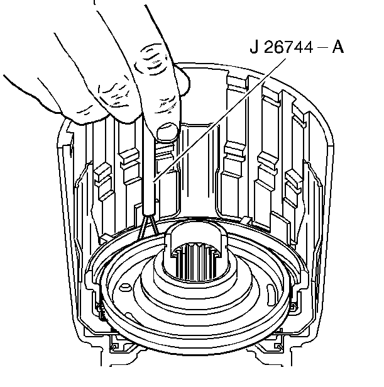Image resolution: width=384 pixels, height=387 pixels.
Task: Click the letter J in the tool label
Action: [254, 47]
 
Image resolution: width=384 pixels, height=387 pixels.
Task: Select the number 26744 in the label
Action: [288, 47]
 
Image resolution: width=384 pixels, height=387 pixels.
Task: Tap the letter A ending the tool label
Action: [338, 47]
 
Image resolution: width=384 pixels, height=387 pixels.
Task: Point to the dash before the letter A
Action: [322, 47]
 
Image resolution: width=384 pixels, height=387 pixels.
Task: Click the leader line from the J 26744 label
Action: [219, 121]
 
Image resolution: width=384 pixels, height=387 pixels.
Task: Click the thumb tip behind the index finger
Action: [183, 81]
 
